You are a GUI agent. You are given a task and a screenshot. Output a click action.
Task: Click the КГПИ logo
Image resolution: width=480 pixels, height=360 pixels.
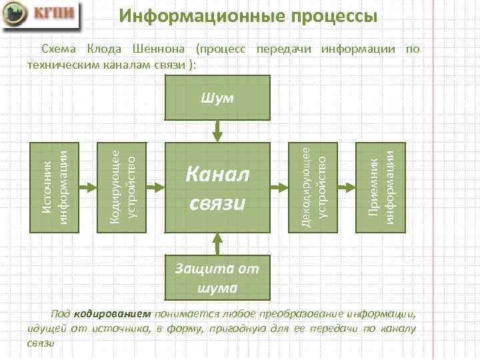[x=39, y=15]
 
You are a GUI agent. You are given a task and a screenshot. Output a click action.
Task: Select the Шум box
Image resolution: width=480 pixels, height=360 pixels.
[x=218, y=98]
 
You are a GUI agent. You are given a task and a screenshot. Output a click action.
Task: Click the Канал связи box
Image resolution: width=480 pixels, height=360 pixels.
[x=218, y=187]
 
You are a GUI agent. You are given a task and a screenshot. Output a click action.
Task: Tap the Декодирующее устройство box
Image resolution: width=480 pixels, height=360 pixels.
[x=313, y=187]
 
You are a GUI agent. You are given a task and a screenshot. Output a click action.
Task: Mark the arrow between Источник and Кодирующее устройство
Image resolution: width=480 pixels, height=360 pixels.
[x=87, y=187]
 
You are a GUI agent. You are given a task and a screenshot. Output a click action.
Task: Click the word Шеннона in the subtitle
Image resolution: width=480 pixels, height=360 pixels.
[x=159, y=49]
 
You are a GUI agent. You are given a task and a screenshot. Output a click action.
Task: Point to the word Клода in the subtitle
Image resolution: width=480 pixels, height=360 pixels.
[x=105, y=49]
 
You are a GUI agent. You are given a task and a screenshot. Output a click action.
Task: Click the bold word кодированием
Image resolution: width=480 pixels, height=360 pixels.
[x=113, y=315]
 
